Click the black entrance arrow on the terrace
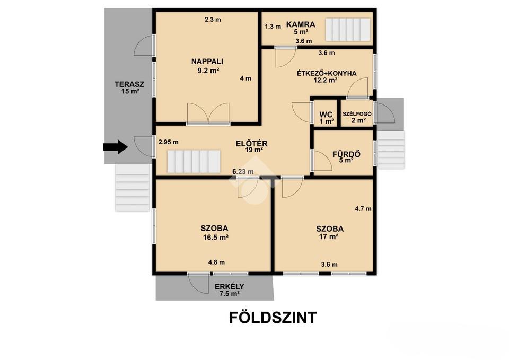115,147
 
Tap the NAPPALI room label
207,62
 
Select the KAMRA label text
301,24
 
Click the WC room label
326,115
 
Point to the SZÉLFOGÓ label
357,114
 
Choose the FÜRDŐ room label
346,154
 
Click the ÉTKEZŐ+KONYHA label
327,73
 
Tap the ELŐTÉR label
251,143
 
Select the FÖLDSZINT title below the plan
273,318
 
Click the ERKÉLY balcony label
230,287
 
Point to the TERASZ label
129,84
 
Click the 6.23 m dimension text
243,172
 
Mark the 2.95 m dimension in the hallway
169,142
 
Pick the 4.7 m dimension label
363,209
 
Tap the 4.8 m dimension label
216,262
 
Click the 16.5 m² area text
216,238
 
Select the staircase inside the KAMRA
348,30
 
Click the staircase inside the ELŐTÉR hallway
194,161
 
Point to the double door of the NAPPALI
208,113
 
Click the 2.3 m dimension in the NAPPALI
213,20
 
